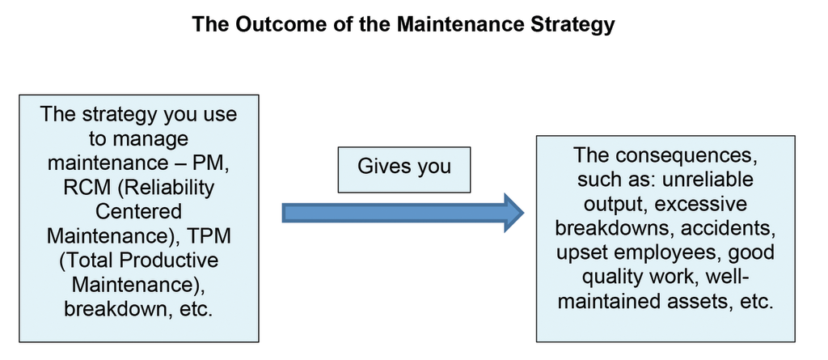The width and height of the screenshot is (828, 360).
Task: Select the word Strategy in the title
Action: click(x=573, y=24)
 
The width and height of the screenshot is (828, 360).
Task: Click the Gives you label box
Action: click(x=404, y=167)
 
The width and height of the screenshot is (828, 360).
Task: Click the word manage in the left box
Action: click(x=138, y=138)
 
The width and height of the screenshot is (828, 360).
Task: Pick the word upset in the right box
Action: click(x=581, y=252)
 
